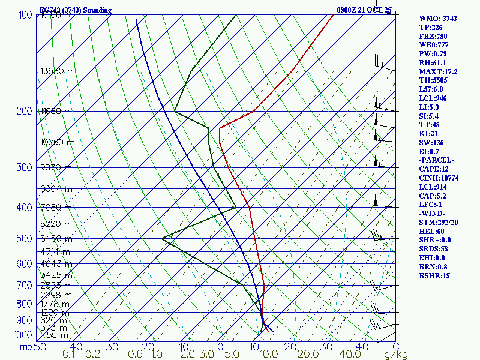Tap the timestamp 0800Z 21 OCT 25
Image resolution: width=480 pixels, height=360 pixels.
click(364, 10)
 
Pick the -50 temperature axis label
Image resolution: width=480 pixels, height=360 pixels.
click(38, 347)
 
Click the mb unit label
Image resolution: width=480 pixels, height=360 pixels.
click(25, 347)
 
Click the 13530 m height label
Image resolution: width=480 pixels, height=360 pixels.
click(58, 71)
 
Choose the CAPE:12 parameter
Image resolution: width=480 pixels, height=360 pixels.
click(433, 169)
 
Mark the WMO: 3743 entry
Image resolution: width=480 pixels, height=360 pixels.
click(437, 19)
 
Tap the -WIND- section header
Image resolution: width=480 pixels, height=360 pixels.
click(433, 214)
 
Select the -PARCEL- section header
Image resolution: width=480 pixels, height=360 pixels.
click(436, 160)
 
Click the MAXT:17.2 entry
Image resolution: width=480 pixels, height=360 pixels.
click(438, 71)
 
